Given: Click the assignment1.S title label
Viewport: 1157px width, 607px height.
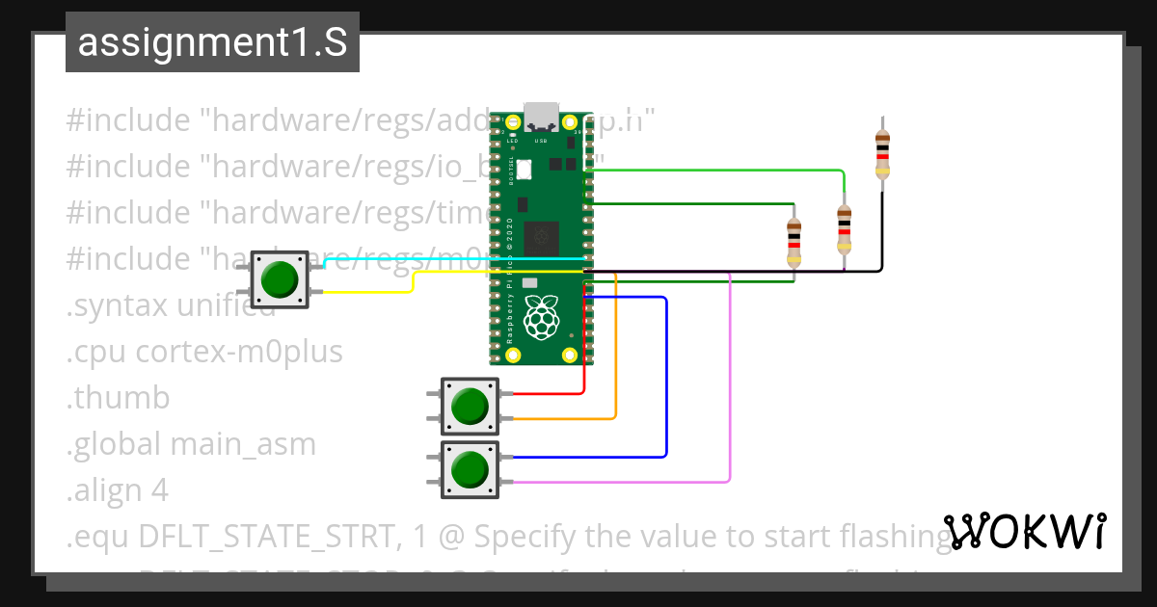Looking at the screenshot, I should tap(212, 43).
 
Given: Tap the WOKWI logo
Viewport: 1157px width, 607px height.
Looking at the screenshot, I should tap(1024, 531).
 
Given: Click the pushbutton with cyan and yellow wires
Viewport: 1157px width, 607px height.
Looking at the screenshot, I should tap(280, 279).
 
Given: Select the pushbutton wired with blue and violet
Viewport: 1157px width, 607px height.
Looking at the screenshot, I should tap(470, 469).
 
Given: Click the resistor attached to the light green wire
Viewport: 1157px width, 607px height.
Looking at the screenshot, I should tap(844, 229).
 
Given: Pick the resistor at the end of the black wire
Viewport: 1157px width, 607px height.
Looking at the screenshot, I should tap(882, 152).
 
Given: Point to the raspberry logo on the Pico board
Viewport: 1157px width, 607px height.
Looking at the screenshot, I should tap(541, 316).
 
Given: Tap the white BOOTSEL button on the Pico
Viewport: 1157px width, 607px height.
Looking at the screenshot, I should tap(524, 169).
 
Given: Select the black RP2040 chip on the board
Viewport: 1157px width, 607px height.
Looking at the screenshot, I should tap(541, 237).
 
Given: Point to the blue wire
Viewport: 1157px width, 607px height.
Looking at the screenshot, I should tap(666, 385).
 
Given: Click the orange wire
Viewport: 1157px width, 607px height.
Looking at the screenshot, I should tap(616, 366).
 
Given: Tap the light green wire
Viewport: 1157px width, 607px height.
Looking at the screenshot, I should tap(733, 172).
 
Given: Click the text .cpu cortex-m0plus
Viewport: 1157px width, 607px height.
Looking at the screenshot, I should tap(204, 353).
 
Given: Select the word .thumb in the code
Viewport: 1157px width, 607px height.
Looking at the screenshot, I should tap(118, 398).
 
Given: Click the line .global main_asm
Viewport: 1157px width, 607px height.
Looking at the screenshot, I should tap(191, 444).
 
